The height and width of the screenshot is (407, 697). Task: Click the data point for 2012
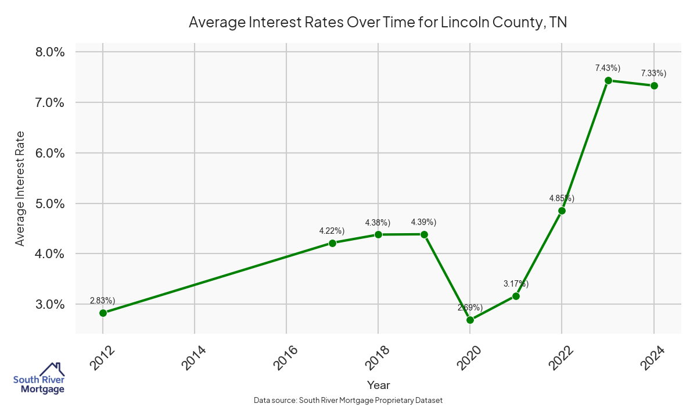103,313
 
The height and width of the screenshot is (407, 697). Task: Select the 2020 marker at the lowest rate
470,320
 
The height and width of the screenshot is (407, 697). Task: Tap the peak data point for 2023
608,80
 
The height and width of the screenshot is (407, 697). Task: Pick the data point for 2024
654,85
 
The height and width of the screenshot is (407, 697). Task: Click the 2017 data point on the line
332,243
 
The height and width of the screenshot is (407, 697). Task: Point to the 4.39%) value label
423,222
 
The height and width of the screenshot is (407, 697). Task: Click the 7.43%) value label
608,68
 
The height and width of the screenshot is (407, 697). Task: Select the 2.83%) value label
102,301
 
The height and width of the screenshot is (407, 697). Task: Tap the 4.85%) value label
562,198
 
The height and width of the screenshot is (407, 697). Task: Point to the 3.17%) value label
516,284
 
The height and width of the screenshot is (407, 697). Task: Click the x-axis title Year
379,385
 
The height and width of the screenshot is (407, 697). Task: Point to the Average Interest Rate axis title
20,188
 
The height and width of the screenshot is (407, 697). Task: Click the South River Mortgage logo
39,379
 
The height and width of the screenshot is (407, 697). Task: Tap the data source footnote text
348,400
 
